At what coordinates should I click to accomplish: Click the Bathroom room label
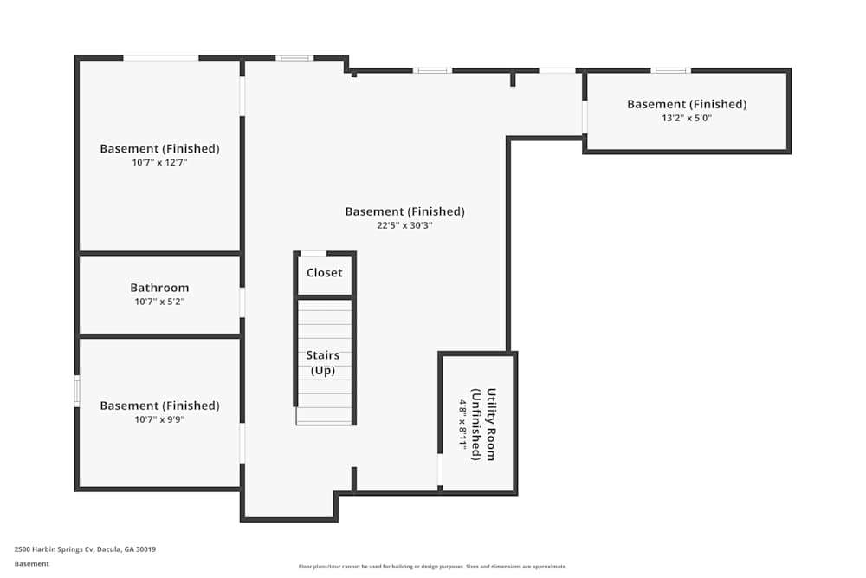(159, 288)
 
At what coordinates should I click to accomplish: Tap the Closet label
(325, 272)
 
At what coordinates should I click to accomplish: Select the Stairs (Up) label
(323, 362)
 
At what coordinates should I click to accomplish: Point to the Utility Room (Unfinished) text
(483, 424)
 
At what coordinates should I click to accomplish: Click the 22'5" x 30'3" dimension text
(404, 225)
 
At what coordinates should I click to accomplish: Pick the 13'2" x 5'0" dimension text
(687, 118)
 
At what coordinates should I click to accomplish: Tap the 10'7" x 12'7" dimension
(159, 162)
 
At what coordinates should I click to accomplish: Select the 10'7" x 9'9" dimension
(159, 419)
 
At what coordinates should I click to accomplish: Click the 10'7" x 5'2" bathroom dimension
(159, 302)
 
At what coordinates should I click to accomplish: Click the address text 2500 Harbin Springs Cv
(85, 549)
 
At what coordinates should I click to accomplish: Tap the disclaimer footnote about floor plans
(433, 566)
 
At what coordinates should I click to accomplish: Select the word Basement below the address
(32, 563)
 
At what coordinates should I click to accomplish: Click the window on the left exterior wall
(77, 391)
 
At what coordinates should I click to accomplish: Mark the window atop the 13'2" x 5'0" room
(670, 70)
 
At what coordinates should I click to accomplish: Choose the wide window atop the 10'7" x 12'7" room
(160, 58)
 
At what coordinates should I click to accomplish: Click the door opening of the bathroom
(242, 302)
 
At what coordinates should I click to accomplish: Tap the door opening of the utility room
(440, 470)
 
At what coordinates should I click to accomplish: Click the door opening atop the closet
(313, 253)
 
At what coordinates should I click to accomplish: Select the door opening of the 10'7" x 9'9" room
(242, 443)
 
